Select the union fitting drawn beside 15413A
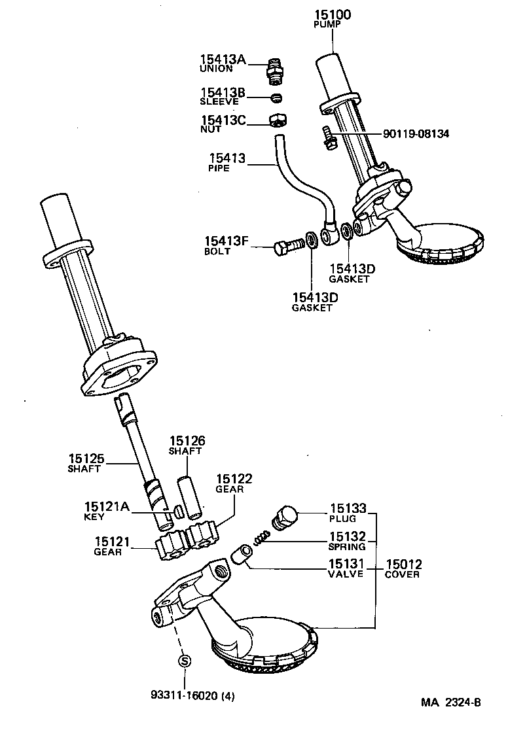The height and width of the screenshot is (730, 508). (x=276, y=69)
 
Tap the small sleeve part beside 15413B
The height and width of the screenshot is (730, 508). (x=278, y=98)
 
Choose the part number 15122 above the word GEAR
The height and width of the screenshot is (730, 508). (x=234, y=479)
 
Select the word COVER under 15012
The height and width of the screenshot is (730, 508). (x=402, y=574)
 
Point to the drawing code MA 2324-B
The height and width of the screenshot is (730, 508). (x=450, y=703)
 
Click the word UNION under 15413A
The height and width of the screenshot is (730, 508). (x=216, y=68)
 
